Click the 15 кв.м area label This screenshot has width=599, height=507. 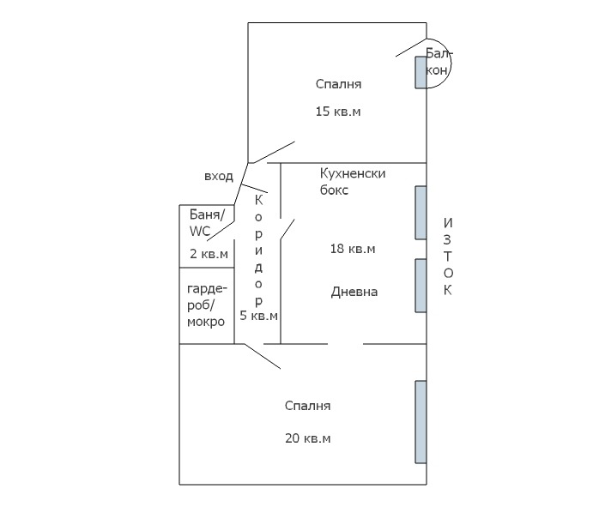tap(337, 112)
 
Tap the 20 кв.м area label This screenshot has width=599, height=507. tap(308, 438)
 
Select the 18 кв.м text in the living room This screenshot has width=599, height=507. tap(353, 249)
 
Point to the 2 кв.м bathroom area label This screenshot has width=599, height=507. tap(209, 254)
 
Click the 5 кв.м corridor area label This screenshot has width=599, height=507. tap(258, 316)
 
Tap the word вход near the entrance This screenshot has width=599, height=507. tap(218, 176)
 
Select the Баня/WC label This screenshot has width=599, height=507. tap(206, 222)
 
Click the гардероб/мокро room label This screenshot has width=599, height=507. tap(206, 305)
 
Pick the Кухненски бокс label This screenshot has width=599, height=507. tap(352, 182)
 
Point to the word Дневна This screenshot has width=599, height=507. tap(354, 292)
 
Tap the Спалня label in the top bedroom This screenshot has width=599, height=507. tap(338, 84)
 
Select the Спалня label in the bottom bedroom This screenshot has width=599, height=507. tap(307, 406)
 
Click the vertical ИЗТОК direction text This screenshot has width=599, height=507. tap(447, 257)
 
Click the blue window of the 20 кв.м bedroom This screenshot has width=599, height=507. tap(421, 421)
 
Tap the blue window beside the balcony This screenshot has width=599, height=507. tap(421, 72)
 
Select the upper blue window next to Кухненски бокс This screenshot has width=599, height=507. tap(421, 212)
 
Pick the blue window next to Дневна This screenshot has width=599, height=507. tap(421, 285)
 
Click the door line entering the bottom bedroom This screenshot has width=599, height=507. tap(263, 357)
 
